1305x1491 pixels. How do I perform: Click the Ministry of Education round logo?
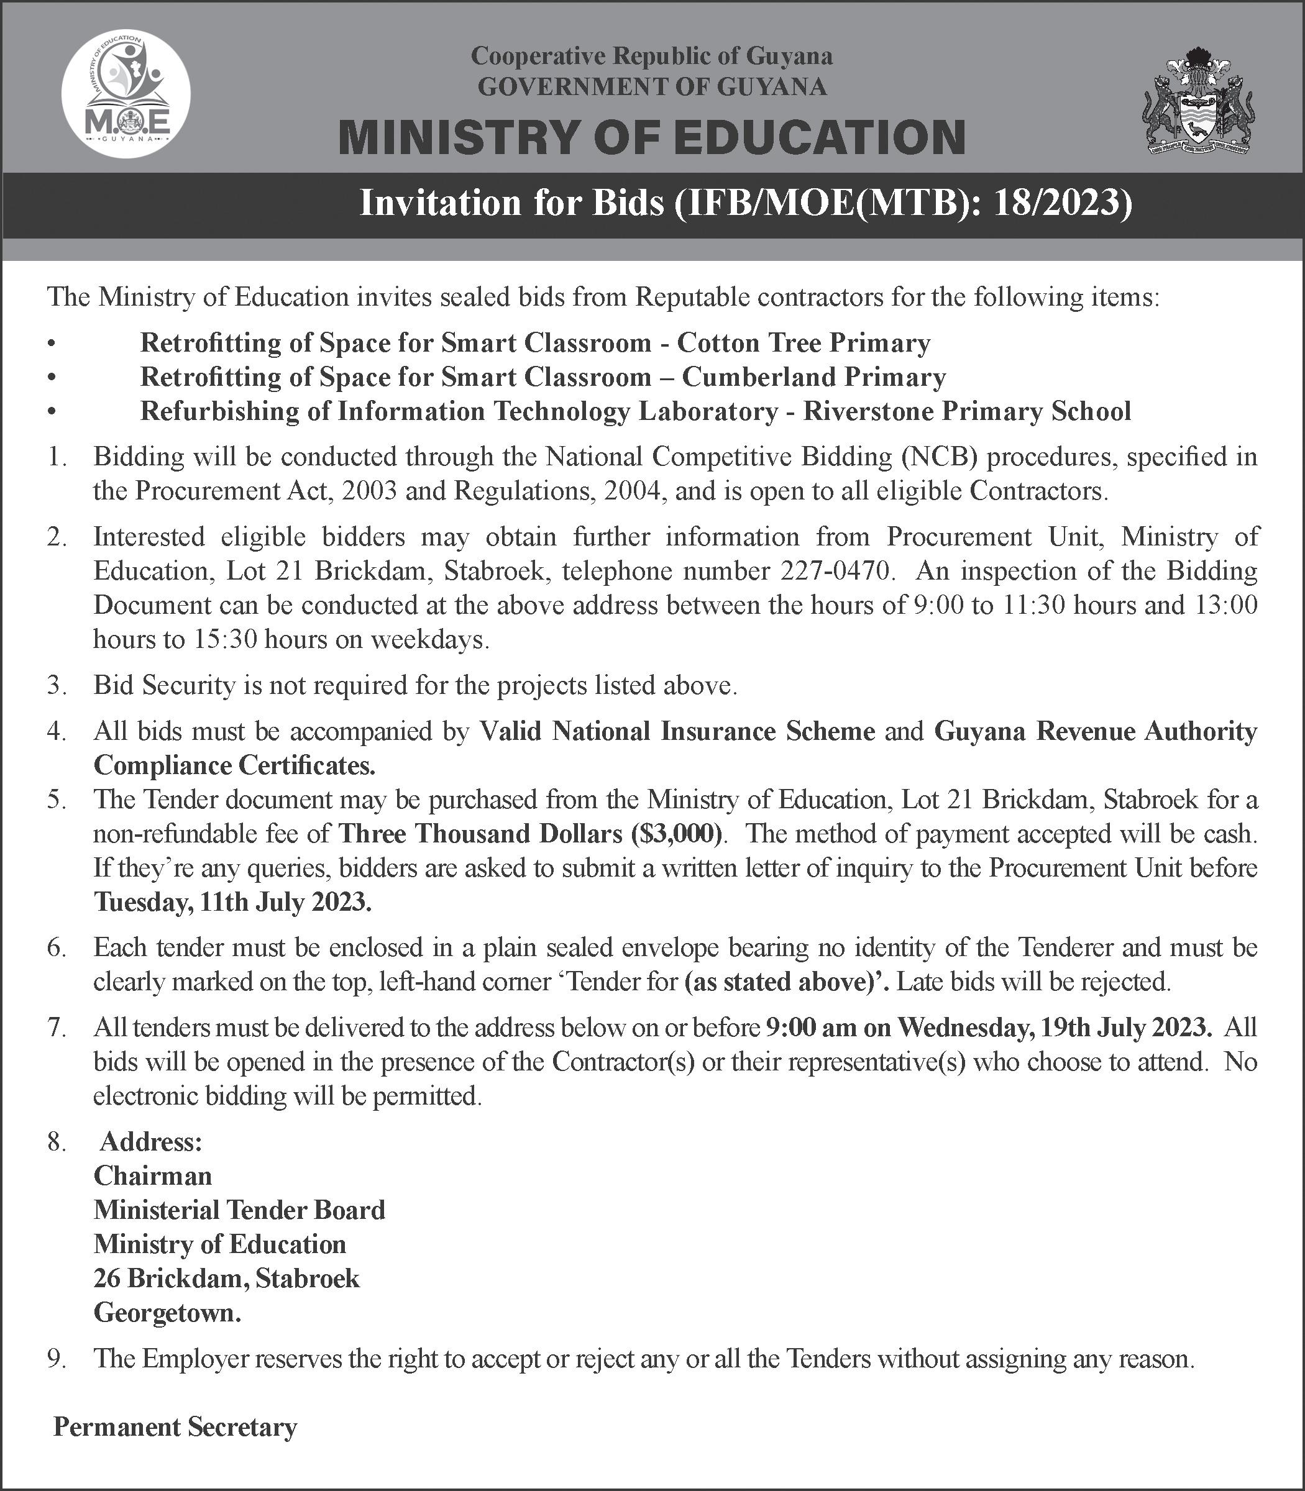[126, 96]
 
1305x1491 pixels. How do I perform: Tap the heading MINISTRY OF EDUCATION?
[652, 137]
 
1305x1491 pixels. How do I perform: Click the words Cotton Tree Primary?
[804, 343]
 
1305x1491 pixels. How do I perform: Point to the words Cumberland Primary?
[813, 377]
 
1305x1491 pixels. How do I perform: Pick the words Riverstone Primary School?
[967, 411]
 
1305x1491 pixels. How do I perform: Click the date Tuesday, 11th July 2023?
[232, 902]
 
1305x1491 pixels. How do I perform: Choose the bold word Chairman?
[153, 1176]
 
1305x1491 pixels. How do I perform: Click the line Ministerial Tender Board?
[239, 1210]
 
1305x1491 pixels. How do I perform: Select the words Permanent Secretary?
[175, 1427]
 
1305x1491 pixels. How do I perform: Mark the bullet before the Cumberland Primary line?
[50, 378]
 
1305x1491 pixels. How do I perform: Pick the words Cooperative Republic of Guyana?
[652, 55]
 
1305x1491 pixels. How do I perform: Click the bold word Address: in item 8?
[151, 1142]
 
